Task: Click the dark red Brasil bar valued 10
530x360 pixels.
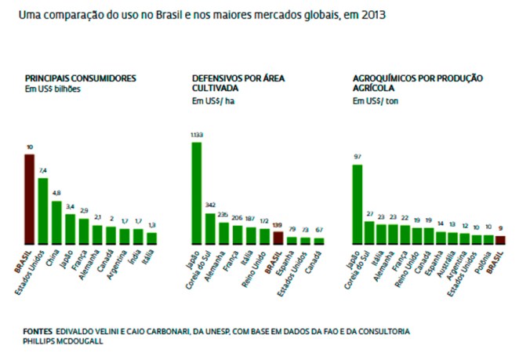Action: [30, 198]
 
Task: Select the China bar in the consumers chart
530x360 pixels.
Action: [56, 222]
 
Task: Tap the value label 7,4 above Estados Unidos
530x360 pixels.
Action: [43, 171]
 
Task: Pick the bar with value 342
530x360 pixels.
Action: [210, 228]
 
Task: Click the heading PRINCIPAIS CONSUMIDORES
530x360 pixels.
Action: [82, 78]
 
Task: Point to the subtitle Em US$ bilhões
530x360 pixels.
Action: [53, 89]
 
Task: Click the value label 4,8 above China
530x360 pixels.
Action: [56, 193]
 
